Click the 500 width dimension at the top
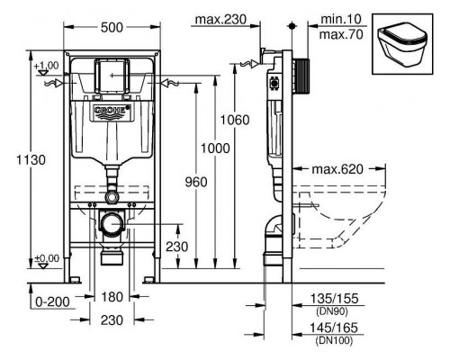pos(112,28)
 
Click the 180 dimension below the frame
pos(112,297)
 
